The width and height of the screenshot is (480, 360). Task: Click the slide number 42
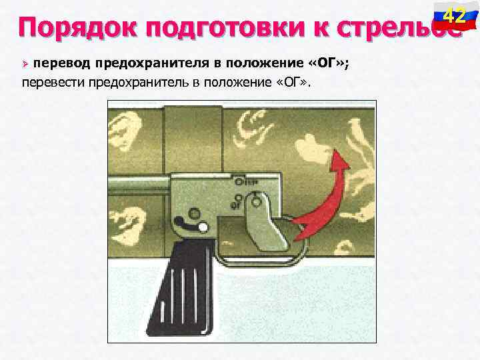(x=455, y=14)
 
